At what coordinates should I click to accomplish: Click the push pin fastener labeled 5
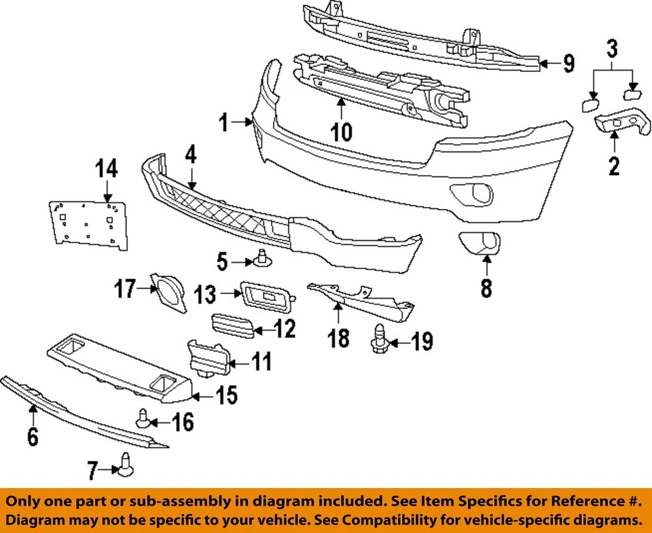262,258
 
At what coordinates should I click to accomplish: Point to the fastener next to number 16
143,418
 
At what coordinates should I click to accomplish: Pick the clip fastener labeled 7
125,464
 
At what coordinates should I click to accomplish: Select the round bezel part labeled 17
168,292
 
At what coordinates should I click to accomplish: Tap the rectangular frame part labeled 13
266,297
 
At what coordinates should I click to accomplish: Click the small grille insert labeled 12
233,325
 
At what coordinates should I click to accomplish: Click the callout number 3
613,48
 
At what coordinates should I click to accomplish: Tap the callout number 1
223,123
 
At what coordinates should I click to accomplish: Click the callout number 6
32,435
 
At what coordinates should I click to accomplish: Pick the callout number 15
226,395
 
